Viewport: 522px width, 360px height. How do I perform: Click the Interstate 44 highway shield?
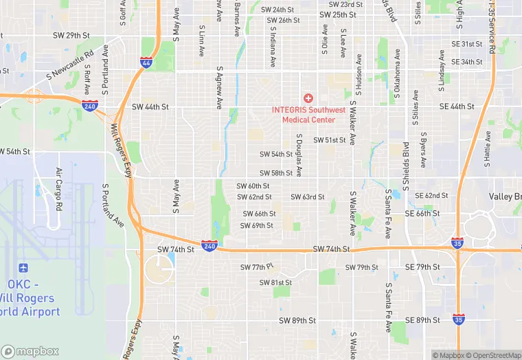click(146, 63)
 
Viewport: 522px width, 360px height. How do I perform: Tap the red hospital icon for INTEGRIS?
click(308, 98)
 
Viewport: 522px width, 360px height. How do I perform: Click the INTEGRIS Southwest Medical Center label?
click(308, 115)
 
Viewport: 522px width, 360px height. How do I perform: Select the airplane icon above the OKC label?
click(25, 267)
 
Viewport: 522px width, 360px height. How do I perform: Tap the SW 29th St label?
click(71, 35)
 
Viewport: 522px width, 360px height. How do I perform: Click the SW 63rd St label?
click(307, 197)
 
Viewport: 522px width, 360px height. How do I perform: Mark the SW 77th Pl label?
click(257, 267)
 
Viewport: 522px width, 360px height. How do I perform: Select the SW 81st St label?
click(275, 282)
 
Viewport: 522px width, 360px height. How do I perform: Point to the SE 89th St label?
click(422, 320)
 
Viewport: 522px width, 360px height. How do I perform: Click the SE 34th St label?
click(462, 62)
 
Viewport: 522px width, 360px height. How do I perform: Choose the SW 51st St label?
click(330, 140)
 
